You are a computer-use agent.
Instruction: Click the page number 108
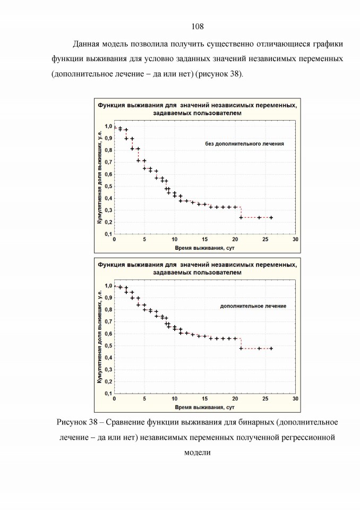click(198, 27)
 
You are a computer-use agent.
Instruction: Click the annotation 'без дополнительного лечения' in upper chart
click(244, 144)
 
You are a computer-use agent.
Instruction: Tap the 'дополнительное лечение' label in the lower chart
click(253, 306)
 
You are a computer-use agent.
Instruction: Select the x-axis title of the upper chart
click(204, 248)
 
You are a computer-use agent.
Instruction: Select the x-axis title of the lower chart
click(204, 407)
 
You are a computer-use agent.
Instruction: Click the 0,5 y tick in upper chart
click(108, 186)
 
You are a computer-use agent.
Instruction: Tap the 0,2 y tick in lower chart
click(108, 381)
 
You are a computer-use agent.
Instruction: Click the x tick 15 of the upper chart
click(204, 240)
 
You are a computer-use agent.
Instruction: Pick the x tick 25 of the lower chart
click(265, 399)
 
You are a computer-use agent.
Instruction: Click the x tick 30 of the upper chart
click(295, 240)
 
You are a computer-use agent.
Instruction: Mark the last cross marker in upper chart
click(271, 218)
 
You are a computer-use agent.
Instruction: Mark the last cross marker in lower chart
click(271, 348)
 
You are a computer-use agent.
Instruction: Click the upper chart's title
click(198, 109)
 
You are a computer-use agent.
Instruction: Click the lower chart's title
click(198, 269)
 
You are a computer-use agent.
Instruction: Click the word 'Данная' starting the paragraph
click(85, 44)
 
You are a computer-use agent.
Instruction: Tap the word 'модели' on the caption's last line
click(198, 453)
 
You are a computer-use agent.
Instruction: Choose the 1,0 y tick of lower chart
click(108, 286)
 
